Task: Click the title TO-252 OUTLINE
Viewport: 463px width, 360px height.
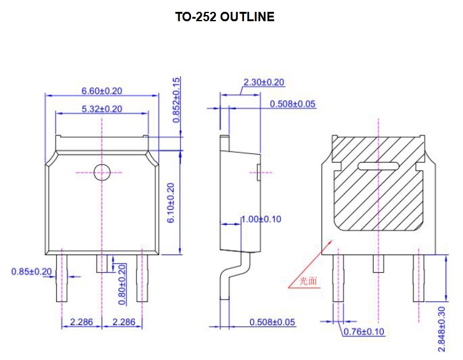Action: coord(225,17)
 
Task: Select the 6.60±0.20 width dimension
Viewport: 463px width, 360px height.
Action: coord(102,90)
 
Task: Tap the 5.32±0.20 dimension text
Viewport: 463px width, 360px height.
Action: coord(102,109)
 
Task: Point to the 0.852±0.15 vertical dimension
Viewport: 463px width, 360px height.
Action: coord(177,99)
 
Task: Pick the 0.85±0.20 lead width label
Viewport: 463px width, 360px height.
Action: coord(31,271)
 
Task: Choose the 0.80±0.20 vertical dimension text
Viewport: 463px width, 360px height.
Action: coord(122,285)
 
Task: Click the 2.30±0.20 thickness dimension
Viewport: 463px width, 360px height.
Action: coord(263,82)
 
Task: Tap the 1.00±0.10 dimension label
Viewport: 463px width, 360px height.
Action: coord(261,219)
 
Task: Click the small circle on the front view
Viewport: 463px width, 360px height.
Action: coord(102,172)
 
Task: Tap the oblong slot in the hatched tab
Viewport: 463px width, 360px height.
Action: coord(378,166)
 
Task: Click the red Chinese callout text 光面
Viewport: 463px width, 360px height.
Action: coord(308,281)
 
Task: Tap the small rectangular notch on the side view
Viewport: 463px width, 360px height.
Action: coord(258,171)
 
